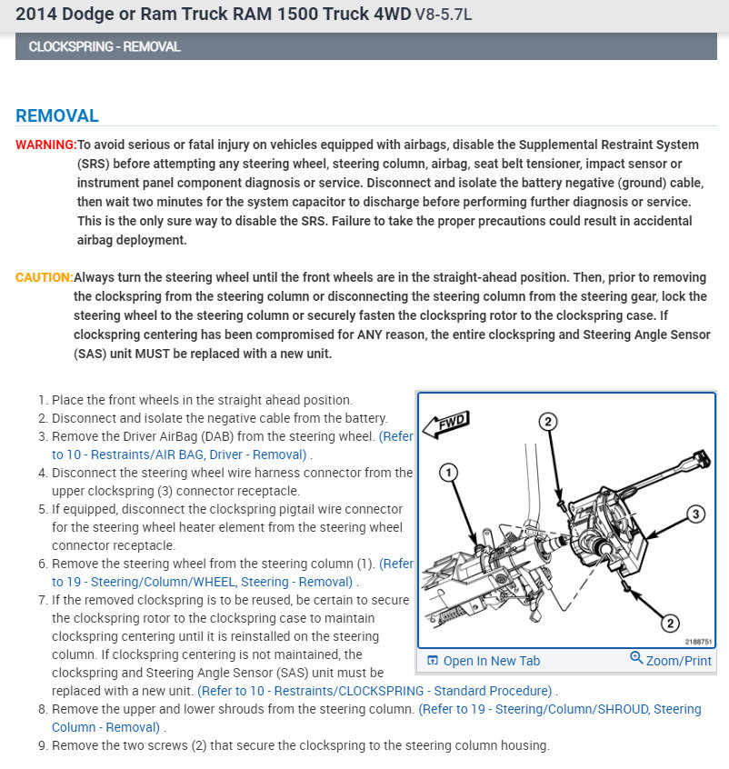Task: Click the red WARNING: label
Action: [45, 145]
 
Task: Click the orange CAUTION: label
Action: [44, 277]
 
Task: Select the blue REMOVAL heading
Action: [56, 115]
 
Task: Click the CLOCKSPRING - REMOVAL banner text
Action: [105, 46]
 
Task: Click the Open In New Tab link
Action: [484, 661]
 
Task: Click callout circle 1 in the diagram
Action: [447, 472]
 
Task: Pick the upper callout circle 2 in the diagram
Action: [547, 421]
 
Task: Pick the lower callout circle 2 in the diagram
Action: [670, 623]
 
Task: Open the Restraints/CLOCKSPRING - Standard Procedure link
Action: [375, 691]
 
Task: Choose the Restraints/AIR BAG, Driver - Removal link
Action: [180, 454]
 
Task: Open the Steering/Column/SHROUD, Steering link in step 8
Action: [559, 709]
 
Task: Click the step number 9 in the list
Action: [43, 745]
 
